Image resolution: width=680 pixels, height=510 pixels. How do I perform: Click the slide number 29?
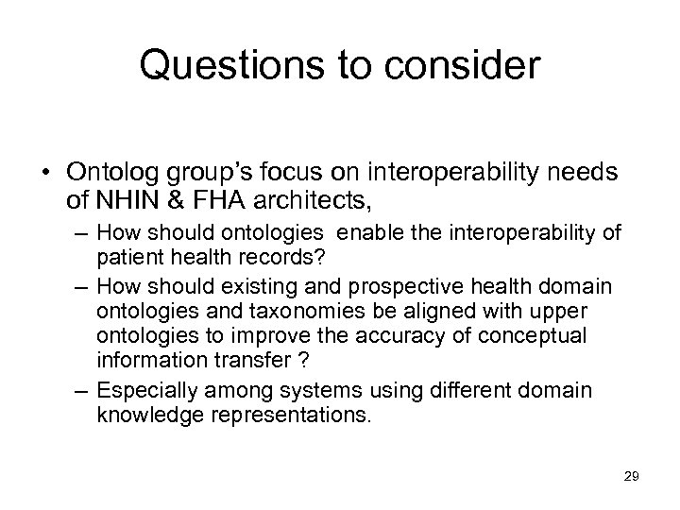tap(631, 476)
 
